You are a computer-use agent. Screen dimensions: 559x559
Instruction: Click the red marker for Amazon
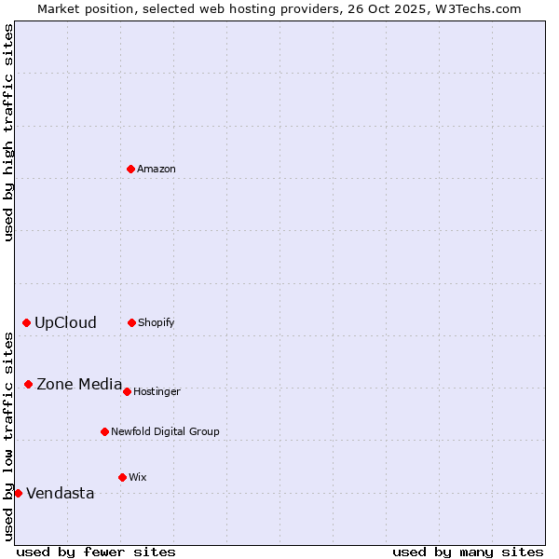coord(130,169)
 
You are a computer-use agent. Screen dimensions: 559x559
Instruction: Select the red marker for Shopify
coord(131,322)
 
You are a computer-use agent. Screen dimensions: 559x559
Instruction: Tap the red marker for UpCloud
coord(26,322)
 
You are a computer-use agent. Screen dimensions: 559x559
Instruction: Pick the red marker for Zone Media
coord(28,384)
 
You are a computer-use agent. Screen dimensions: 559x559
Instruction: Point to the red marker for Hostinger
coord(127,391)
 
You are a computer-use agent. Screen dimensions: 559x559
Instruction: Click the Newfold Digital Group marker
coord(104,431)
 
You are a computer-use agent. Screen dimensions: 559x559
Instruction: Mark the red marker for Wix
coord(122,477)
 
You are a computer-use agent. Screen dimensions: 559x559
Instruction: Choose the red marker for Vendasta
coord(18,493)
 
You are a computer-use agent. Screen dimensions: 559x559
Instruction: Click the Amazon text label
coord(157,170)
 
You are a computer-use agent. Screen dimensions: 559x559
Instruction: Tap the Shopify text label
coord(157,323)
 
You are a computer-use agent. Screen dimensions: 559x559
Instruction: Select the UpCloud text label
coord(65,323)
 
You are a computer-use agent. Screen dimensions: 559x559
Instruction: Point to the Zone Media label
coord(79,384)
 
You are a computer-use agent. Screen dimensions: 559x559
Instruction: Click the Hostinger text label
coord(157,392)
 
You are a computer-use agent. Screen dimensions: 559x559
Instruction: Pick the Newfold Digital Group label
coord(165,432)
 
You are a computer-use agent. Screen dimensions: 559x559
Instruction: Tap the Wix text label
coord(138,478)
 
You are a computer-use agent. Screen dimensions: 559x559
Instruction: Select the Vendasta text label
coord(60,494)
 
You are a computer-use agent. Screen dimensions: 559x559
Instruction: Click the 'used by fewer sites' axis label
coord(96,552)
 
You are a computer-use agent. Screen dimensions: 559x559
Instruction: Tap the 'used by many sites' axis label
coord(468,552)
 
